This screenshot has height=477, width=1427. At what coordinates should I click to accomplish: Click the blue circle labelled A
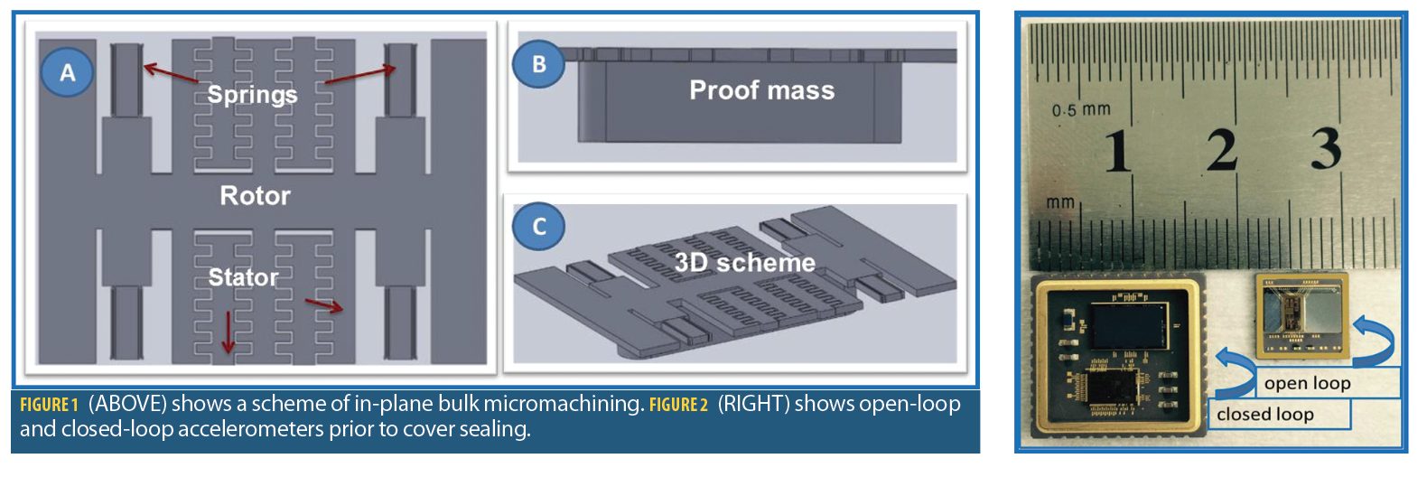click(x=67, y=72)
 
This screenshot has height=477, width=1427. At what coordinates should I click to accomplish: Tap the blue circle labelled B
click(x=538, y=64)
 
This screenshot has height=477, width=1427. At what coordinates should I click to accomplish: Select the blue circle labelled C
click(x=538, y=226)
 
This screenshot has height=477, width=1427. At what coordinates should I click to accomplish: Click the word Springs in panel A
click(x=252, y=94)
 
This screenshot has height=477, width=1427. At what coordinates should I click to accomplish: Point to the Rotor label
click(x=255, y=195)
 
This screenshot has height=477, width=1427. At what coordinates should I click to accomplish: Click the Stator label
click(x=243, y=276)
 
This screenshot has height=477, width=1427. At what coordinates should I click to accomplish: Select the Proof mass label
click(x=761, y=90)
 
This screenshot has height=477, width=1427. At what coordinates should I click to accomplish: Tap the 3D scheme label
click(x=744, y=263)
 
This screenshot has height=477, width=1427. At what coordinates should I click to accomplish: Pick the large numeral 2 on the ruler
click(x=1222, y=150)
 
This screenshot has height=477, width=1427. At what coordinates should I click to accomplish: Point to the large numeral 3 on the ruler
click(x=1325, y=148)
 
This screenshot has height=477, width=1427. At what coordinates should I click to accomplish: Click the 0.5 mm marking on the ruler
click(x=1081, y=110)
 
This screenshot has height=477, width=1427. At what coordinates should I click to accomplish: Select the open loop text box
click(x=1308, y=383)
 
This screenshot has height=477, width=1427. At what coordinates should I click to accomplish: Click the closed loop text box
click(x=1265, y=415)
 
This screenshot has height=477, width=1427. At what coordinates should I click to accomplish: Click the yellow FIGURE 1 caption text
click(x=49, y=405)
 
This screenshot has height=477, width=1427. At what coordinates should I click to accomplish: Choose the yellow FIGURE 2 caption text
click(x=678, y=405)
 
